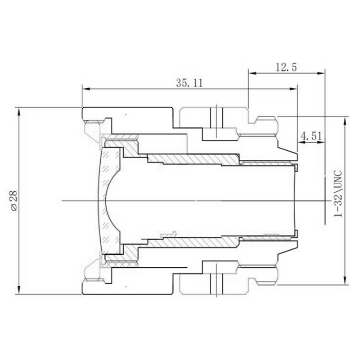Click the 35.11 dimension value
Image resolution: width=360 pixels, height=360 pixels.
(189, 83)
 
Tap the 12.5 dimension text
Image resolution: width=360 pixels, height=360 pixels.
(286, 67)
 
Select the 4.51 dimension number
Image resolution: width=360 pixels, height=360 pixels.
(311, 136)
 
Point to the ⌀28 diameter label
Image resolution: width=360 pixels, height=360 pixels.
(13, 200)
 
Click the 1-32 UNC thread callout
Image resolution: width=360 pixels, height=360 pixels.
(338, 193)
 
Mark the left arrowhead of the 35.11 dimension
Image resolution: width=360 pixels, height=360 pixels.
(86, 89)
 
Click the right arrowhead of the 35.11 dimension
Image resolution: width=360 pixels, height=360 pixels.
(294, 89)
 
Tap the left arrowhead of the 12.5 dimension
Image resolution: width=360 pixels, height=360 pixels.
(252, 73)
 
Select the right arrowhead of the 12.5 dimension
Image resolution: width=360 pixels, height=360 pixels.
(321, 73)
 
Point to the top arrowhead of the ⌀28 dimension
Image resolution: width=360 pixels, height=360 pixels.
(19, 111)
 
